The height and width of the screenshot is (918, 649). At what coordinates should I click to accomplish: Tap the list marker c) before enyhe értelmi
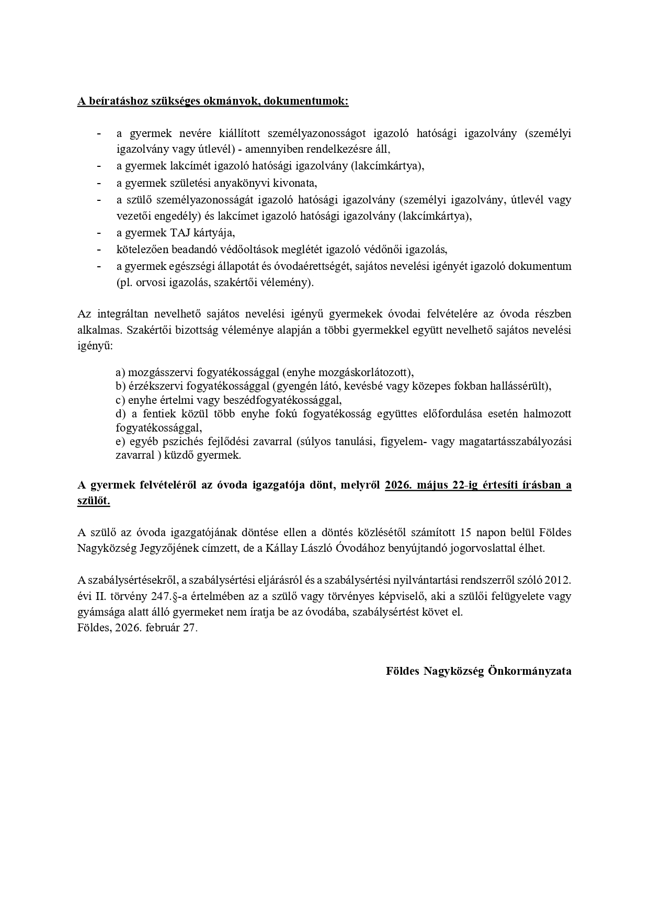tap(120, 400)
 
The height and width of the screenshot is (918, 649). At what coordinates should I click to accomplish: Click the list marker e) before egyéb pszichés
tap(120, 441)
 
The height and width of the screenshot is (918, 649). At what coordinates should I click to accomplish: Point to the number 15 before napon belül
tap(466, 532)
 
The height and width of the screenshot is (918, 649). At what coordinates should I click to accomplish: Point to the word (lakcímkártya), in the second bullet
tap(388, 166)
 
